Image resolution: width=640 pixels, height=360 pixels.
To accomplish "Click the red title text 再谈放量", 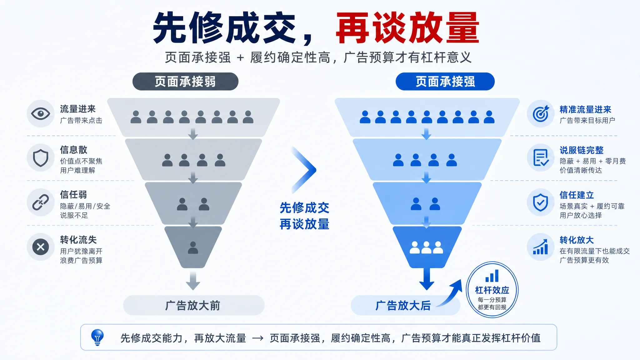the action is click(x=407, y=28).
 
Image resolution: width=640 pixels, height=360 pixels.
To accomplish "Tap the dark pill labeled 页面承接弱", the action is click(x=185, y=82).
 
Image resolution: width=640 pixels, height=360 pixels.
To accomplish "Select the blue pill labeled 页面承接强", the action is click(x=445, y=82).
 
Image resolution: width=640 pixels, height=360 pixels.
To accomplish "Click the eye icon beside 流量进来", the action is click(x=41, y=113).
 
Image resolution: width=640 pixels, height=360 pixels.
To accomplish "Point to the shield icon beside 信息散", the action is click(x=41, y=158).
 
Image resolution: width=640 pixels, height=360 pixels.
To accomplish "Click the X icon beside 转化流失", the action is click(x=41, y=247).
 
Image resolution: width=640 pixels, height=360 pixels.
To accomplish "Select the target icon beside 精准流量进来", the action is click(x=541, y=113).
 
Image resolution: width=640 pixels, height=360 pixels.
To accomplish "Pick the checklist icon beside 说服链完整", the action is click(x=541, y=158).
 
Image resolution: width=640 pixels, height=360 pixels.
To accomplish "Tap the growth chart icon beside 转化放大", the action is click(x=541, y=247).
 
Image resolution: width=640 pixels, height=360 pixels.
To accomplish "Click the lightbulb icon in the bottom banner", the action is click(x=97, y=337).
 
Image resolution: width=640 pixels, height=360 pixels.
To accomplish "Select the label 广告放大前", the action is click(x=193, y=305).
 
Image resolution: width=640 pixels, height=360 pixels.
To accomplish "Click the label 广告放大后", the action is click(x=403, y=305).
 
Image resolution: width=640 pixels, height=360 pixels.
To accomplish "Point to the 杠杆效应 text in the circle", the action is click(x=492, y=290).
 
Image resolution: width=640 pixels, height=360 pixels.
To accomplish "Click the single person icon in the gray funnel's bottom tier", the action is click(x=193, y=247).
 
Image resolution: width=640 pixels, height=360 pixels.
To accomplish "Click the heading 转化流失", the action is click(x=78, y=240).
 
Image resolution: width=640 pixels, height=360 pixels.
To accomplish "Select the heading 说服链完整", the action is click(x=582, y=150).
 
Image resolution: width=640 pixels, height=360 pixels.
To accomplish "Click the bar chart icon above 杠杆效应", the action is click(x=492, y=276).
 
